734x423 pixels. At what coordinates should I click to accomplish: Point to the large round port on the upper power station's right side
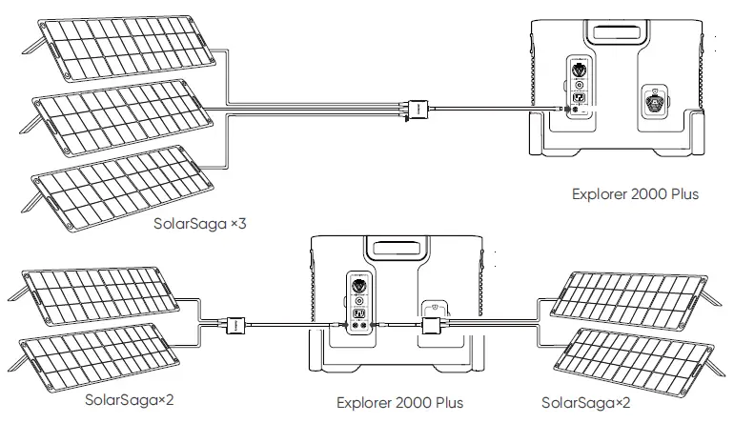656,103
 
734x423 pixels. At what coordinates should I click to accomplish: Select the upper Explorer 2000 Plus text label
635,194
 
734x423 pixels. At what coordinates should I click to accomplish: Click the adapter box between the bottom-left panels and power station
234,326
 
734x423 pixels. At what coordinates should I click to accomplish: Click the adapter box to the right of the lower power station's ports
432,327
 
